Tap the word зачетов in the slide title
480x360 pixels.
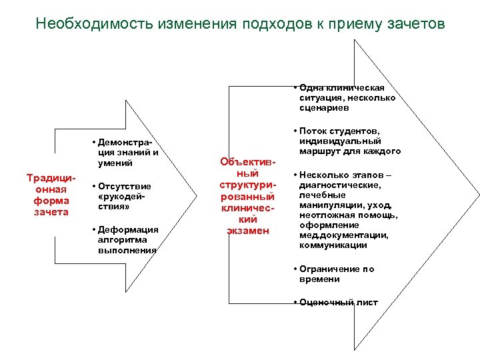[415, 25]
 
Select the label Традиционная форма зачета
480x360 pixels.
[47, 195]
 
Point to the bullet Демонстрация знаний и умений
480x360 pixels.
[127, 153]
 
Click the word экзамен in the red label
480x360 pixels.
[247, 231]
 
